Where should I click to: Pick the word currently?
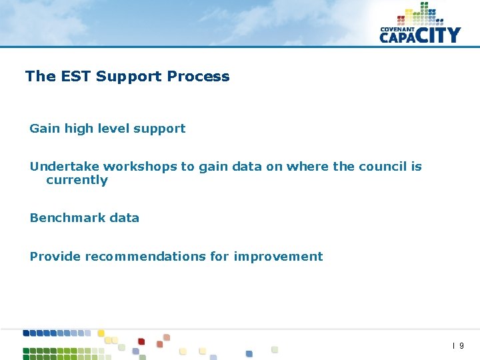(x=77, y=180)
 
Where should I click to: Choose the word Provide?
(x=55, y=257)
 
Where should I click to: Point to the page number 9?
(x=461, y=346)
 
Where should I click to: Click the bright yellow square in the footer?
(x=101, y=333)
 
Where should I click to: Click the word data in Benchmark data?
(x=125, y=218)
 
